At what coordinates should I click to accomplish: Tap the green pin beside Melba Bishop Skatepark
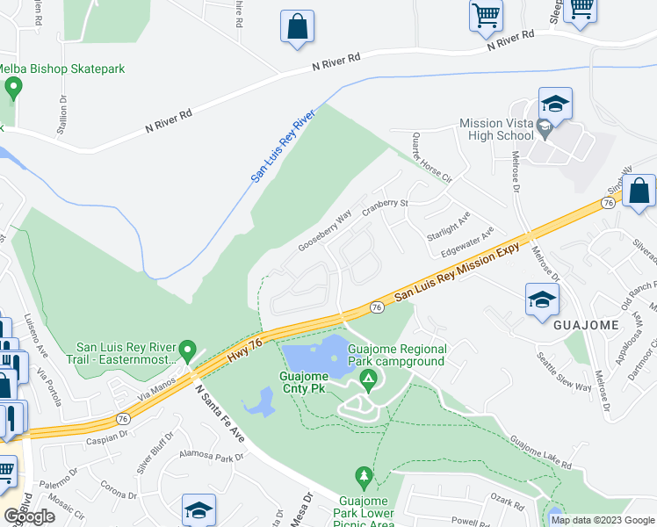[13, 88]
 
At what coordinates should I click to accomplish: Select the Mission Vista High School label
[496, 129]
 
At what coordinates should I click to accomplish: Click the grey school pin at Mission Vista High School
[545, 130]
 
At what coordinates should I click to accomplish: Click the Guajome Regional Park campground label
[396, 355]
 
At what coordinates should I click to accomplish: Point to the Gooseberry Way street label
[324, 230]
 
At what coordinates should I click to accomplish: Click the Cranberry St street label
[393, 203]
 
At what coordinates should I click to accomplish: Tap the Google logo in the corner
[29, 516]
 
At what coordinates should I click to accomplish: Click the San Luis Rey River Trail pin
[186, 350]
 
